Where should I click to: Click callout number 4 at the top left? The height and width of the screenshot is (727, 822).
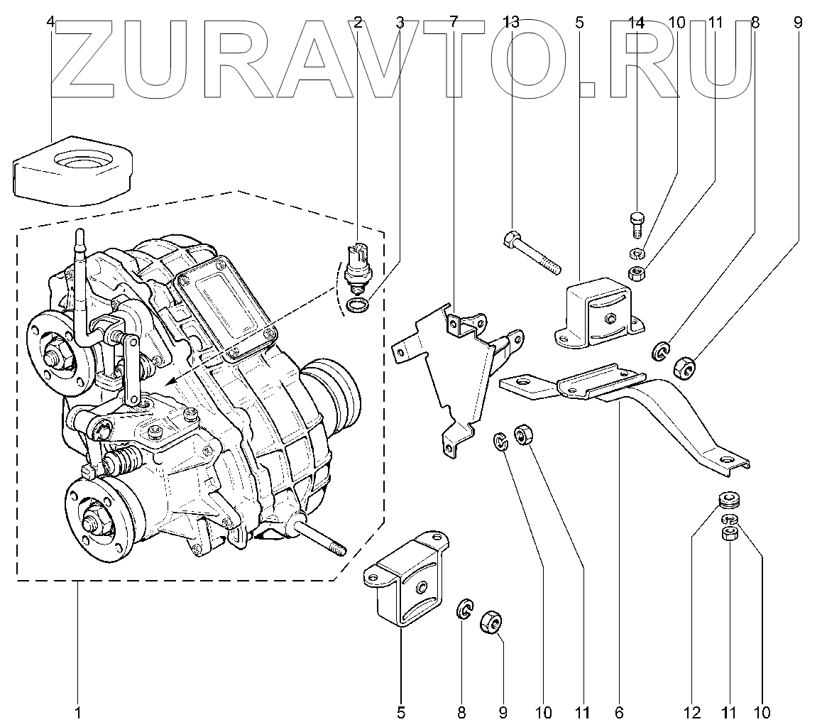(x=50, y=22)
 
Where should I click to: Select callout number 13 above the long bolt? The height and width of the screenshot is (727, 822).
(x=511, y=22)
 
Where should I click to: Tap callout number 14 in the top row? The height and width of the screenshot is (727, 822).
(x=637, y=22)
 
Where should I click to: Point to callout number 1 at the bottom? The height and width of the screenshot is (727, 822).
(x=77, y=712)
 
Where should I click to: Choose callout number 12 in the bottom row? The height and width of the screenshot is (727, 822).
(x=692, y=712)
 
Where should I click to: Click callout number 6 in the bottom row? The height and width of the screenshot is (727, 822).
(x=618, y=712)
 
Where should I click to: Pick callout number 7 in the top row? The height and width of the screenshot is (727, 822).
(x=454, y=22)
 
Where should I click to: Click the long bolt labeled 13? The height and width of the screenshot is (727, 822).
(x=532, y=253)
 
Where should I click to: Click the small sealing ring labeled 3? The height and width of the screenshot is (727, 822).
(x=358, y=306)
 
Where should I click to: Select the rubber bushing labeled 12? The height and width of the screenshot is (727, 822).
(x=727, y=501)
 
